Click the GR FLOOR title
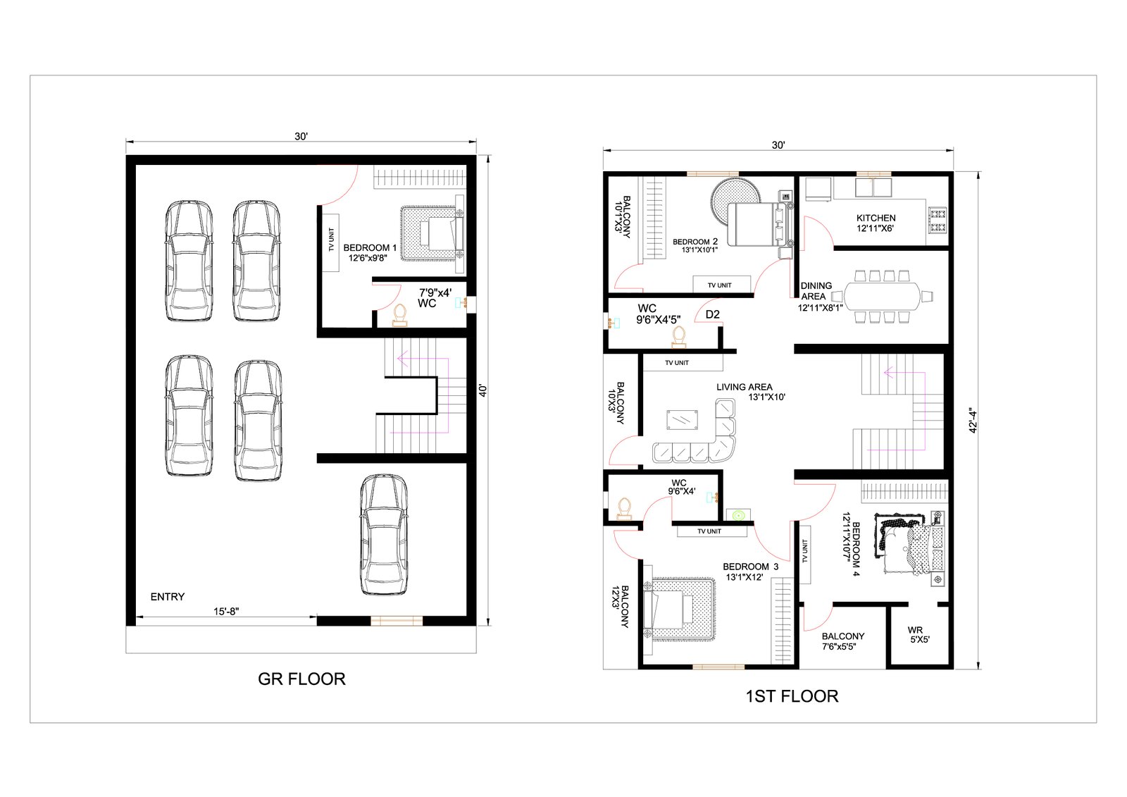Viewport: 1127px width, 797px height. (x=301, y=679)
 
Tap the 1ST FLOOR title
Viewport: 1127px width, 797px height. (x=792, y=696)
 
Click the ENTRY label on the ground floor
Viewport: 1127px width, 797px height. (x=168, y=597)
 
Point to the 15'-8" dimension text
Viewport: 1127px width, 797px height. (x=226, y=611)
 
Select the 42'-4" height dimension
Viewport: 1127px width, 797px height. (x=973, y=421)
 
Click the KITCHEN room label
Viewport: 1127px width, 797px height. (x=876, y=218)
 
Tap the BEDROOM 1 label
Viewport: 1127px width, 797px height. (x=370, y=248)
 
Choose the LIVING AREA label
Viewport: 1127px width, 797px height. (x=744, y=387)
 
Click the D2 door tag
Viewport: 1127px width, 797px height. (x=712, y=315)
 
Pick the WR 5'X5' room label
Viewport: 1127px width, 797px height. (x=919, y=635)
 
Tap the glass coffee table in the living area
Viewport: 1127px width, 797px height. (x=683, y=420)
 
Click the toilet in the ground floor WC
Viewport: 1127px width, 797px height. (x=400, y=315)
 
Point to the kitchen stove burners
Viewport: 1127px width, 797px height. (x=938, y=220)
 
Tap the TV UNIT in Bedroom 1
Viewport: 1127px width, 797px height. (x=330, y=242)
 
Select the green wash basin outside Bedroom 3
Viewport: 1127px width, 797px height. (x=738, y=515)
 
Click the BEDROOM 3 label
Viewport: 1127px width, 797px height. (x=751, y=567)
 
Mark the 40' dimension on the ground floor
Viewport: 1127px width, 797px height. (x=482, y=390)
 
